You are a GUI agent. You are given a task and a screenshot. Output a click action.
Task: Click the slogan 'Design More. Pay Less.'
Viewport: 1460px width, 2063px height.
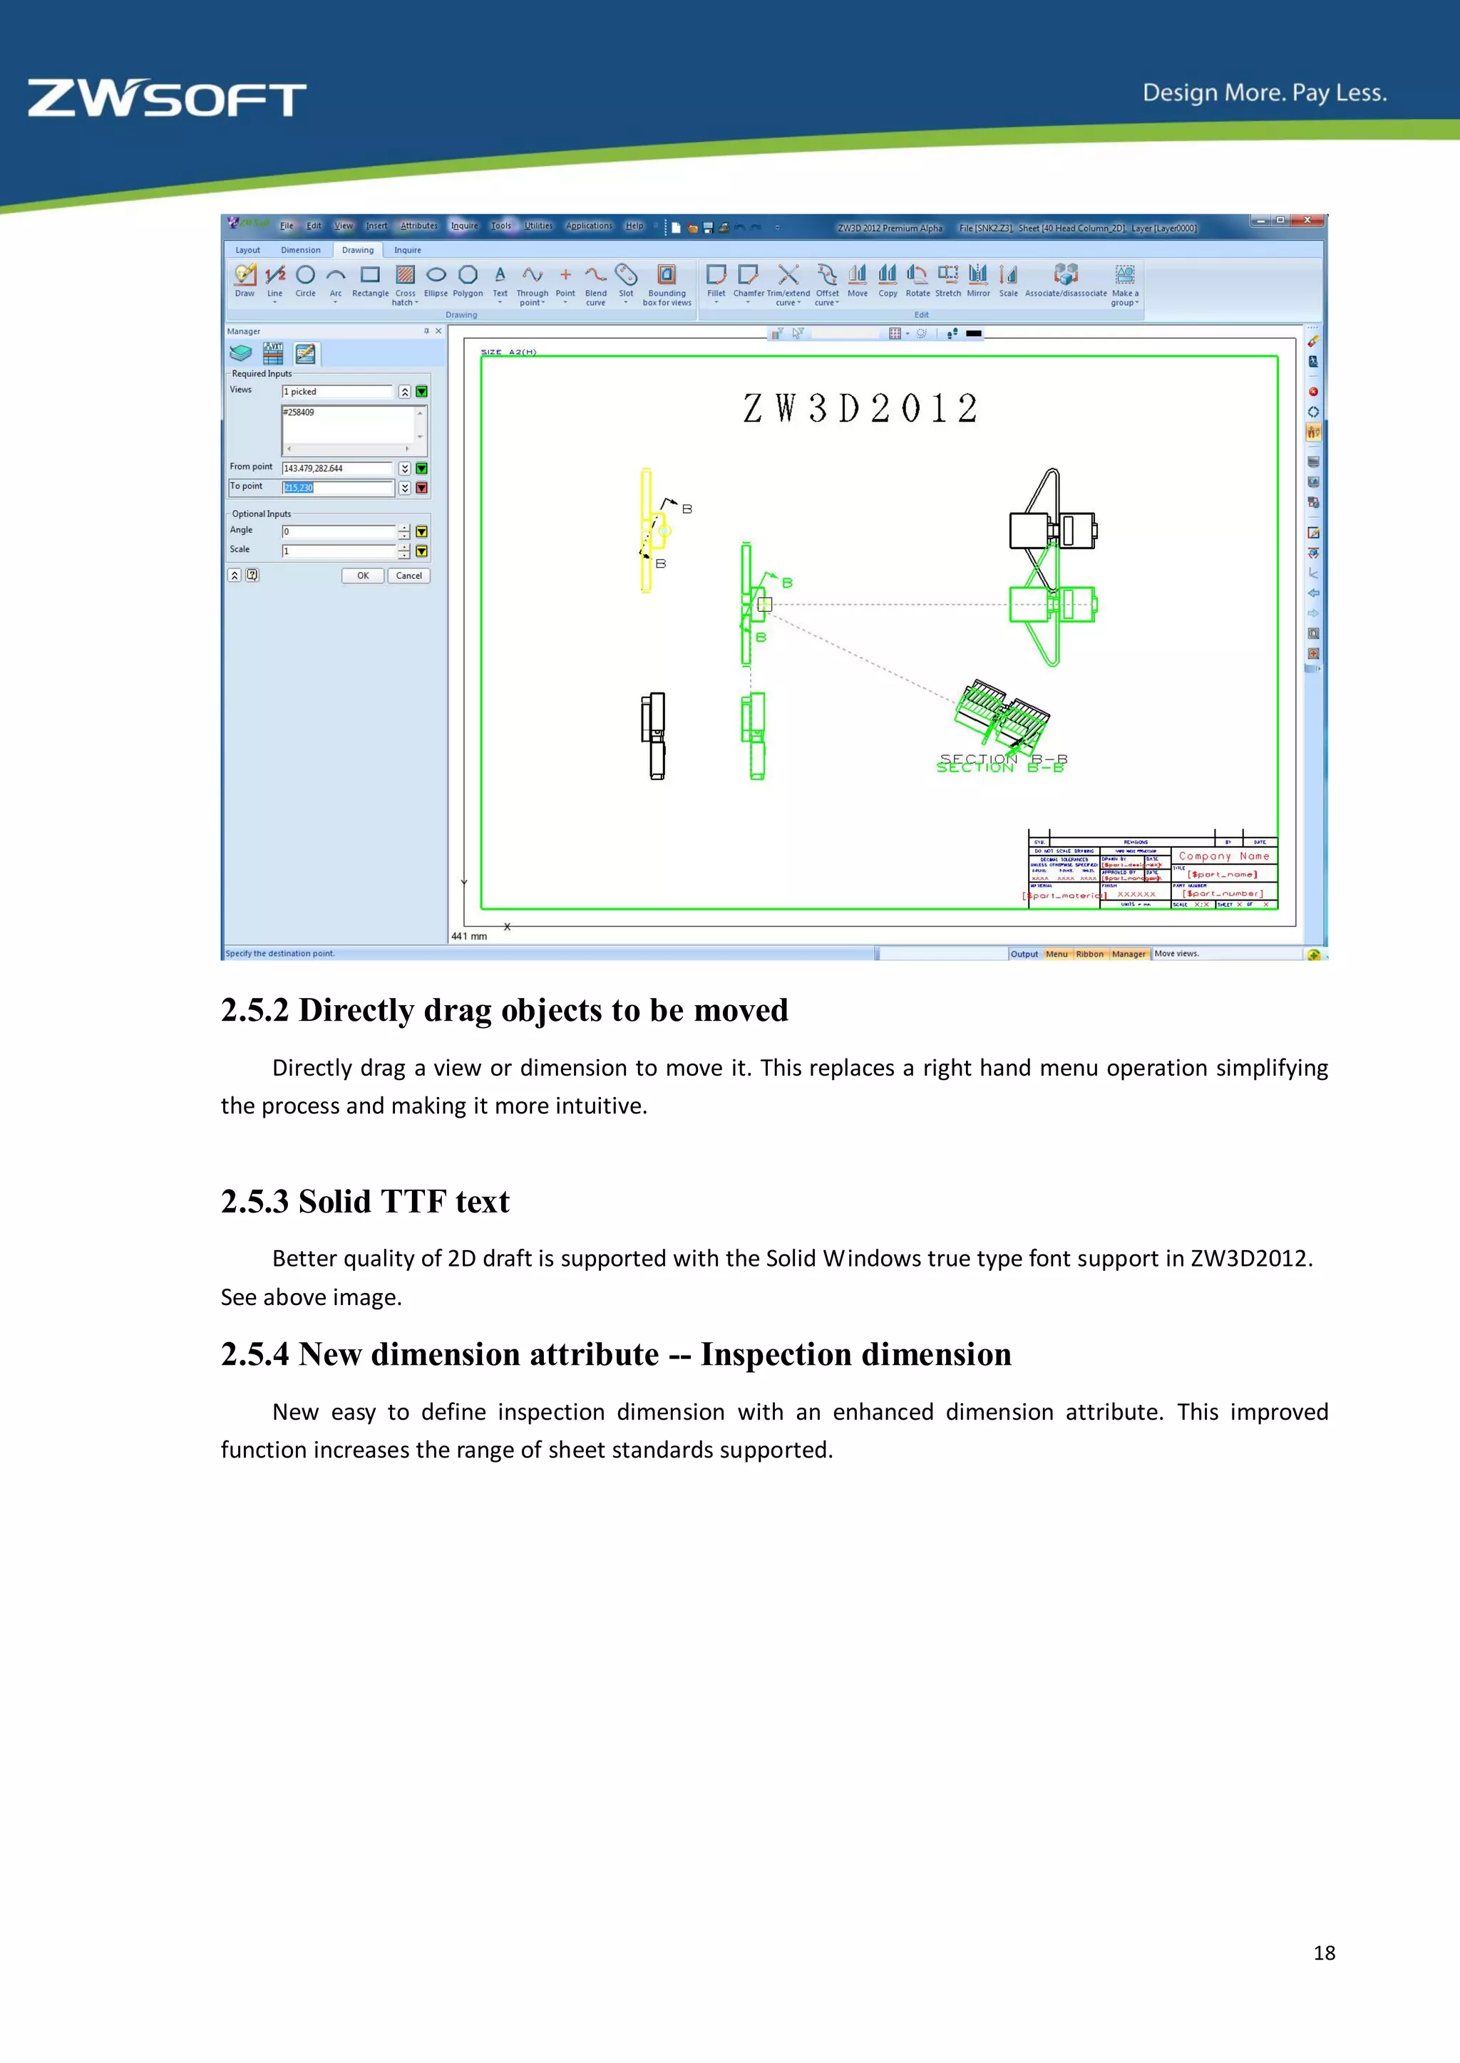click(1264, 93)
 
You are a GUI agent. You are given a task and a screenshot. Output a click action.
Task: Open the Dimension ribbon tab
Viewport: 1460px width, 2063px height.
click(300, 251)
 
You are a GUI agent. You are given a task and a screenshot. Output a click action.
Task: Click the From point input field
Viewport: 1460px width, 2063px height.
click(337, 468)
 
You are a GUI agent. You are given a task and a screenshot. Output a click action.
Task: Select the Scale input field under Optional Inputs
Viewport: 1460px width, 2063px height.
click(337, 551)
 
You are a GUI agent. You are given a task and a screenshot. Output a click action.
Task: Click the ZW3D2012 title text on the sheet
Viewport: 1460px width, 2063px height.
click(860, 409)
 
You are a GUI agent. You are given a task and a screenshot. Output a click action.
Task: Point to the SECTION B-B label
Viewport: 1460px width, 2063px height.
click(1002, 764)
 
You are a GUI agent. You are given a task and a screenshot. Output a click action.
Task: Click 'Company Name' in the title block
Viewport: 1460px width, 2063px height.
click(1223, 856)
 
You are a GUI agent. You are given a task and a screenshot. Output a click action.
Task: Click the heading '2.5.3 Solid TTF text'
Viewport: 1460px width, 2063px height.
click(365, 1201)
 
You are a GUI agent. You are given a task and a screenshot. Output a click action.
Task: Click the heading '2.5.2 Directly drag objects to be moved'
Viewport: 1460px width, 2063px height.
click(504, 1010)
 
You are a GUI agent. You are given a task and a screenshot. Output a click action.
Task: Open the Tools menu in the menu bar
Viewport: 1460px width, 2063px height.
click(500, 227)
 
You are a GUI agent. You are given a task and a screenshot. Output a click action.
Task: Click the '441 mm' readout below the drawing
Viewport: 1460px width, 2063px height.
click(469, 936)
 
